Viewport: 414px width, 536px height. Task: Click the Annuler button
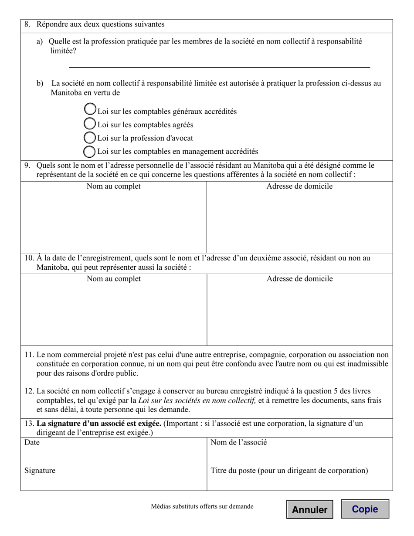point(309,509)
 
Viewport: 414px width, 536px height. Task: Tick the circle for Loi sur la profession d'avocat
point(89,138)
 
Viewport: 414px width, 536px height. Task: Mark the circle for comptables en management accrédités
point(89,151)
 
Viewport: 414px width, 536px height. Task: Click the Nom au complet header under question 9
point(114,187)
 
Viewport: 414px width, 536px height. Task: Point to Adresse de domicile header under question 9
point(299,187)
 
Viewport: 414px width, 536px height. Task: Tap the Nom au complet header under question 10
point(114,279)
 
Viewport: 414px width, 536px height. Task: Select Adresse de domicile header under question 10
point(299,279)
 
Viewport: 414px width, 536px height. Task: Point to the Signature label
point(40,471)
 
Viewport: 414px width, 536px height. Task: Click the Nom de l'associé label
point(238,443)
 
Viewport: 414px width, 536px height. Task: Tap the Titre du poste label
point(289,471)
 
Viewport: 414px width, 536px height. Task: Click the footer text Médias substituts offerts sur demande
point(202,506)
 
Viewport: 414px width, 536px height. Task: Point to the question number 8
point(27,24)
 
